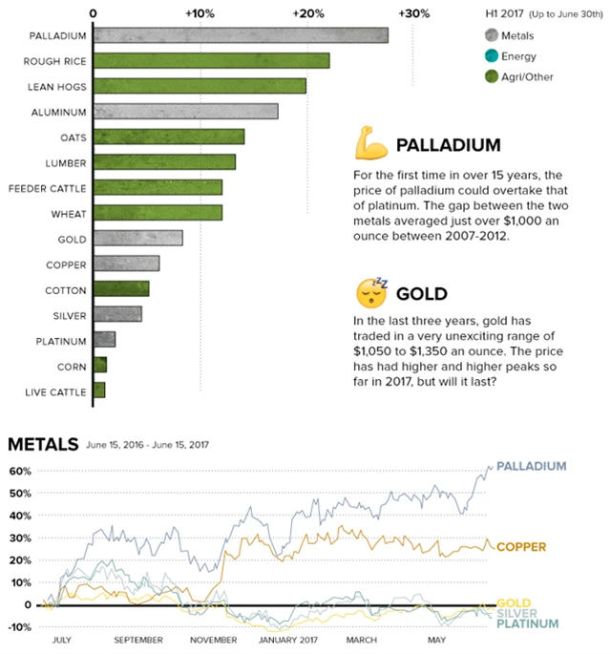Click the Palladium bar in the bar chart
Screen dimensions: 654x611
click(x=240, y=35)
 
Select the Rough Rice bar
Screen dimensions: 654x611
click(x=211, y=60)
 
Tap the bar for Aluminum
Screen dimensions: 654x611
click(x=185, y=111)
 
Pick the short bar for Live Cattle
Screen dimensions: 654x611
click(x=98, y=390)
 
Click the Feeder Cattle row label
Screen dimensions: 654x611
click(x=48, y=187)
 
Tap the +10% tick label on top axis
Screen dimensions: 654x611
click(x=200, y=13)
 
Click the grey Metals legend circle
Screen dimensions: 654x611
click(x=492, y=36)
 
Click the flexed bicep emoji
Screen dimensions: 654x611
click(x=370, y=145)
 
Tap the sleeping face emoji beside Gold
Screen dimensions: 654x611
click(x=371, y=292)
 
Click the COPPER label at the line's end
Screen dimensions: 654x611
click(x=521, y=547)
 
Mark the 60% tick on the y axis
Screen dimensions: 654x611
click(x=21, y=471)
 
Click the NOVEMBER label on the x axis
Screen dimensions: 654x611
click(x=214, y=640)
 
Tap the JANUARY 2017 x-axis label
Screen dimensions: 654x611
click(x=288, y=640)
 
